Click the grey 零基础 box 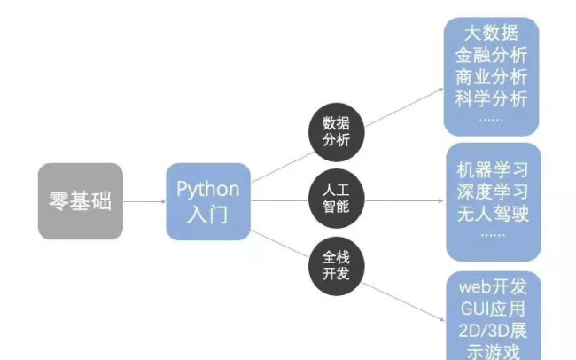(x=80, y=200)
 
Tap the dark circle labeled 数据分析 (x=336, y=131)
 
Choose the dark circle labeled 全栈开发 (x=336, y=263)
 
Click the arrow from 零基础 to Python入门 (x=144, y=201)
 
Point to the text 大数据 (x=491, y=34)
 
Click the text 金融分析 (x=491, y=55)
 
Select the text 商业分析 (x=491, y=76)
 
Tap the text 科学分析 (x=491, y=98)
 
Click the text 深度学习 (x=491, y=192)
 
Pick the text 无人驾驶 (x=491, y=214)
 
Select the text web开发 (x=491, y=288)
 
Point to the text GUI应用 (x=491, y=309)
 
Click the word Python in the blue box (x=208, y=189)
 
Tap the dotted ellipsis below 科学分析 (x=490, y=117)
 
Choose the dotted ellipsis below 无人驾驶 (x=490, y=234)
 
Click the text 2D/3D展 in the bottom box (x=491, y=332)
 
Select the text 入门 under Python (x=208, y=213)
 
